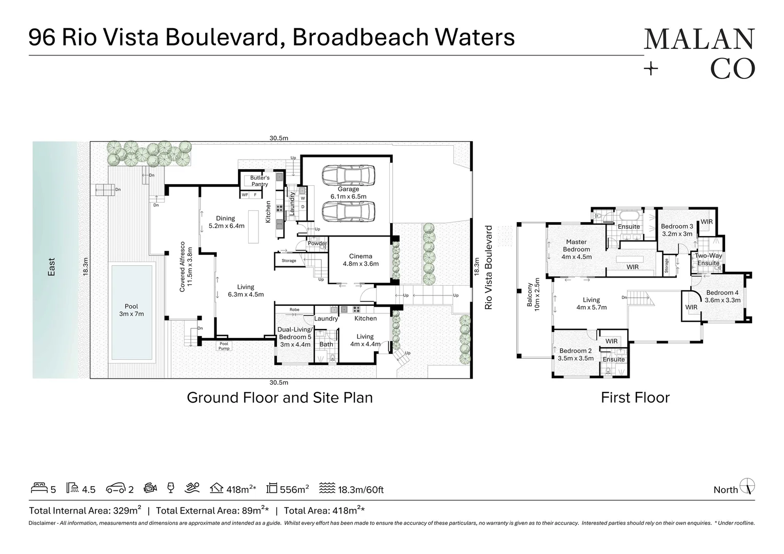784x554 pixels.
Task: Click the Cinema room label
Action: click(360, 260)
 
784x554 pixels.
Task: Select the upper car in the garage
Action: click(349, 175)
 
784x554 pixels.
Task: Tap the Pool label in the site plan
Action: click(131, 310)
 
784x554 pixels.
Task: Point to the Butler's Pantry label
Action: click(259, 181)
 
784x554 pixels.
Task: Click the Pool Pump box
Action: click(224, 346)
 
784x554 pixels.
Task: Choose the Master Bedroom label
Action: click(576, 249)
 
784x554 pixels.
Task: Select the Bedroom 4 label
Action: click(722, 296)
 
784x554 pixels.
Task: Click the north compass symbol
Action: click(749, 486)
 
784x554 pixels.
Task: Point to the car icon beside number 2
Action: click(115, 488)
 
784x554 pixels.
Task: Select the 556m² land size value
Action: click(294, 489)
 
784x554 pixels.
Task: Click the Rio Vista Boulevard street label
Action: click(488, 267)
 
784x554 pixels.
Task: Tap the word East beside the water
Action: click(51, 267)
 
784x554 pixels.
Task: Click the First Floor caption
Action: click(635, 398)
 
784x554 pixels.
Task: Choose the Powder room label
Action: click(317, 244)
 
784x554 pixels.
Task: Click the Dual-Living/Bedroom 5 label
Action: click(294, 337)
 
